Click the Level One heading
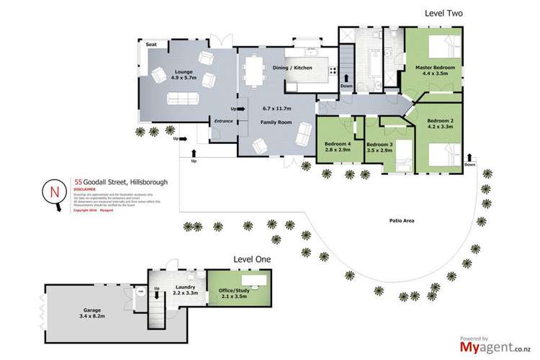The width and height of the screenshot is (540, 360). coord(249,258)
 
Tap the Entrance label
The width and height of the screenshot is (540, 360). coord(223,121)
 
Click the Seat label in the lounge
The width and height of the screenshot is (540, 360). coord(152,45)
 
